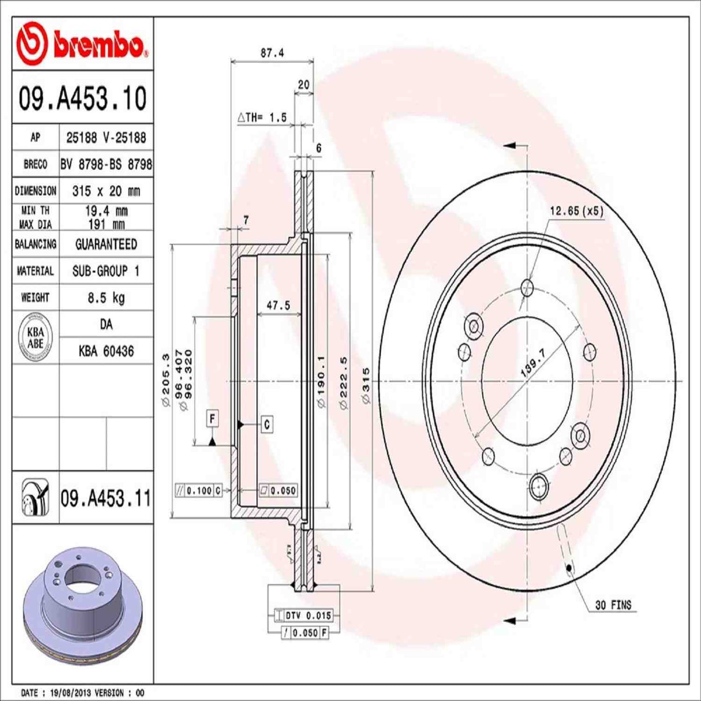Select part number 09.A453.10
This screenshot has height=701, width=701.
pyautogui.click(x=82, y=98)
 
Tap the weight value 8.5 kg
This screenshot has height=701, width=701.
pyautogui.click(x=106, y=297)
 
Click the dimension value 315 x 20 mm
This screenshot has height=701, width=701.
pyautogui.click(x=106, y=191)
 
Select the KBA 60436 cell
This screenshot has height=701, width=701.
pyautogui.click(x=106, y=351)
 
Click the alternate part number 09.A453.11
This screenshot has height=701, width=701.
pyautogui.click(x=106, y=498)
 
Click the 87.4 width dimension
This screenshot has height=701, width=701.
pyautogui.click(x=272, y=53)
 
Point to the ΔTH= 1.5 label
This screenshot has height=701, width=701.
pyautogui.click(x=262, y=117)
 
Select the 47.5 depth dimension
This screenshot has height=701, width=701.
pyautogui.click(x=278, y=305)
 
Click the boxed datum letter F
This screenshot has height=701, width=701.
pyautogui.click(x=212, y=418)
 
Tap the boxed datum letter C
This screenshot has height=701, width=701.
pyautogui.click(x=267, y=424)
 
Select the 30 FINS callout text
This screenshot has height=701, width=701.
pyautogui.click(x=613, y=605)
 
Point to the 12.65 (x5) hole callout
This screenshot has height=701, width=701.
pyautogui.click(x=576, y=211)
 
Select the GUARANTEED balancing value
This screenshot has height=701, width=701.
pyautogui.click(x=106, y=244)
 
